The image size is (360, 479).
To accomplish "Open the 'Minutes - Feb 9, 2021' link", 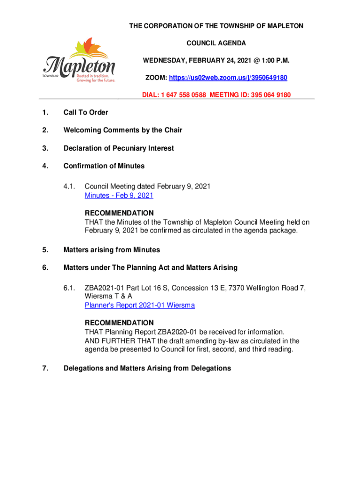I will (119, 196).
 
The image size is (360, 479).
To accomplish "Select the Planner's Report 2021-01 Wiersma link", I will (140, 305).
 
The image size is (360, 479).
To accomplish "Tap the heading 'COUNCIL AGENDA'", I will (216, 43).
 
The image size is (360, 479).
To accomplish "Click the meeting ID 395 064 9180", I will (268, 95).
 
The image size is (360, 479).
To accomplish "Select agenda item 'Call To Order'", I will (86, 112).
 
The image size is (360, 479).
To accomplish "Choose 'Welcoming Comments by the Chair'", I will (122, 130).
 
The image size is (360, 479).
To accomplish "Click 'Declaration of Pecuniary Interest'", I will (118, 148).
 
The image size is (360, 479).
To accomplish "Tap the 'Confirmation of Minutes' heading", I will (104, 166).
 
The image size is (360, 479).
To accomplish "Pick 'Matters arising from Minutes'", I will (111, 250).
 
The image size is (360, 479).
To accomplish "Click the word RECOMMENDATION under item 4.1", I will (119, 213).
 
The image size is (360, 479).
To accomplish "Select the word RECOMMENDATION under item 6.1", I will (119, 323).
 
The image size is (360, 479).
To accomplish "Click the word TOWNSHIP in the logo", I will (50, 75).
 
